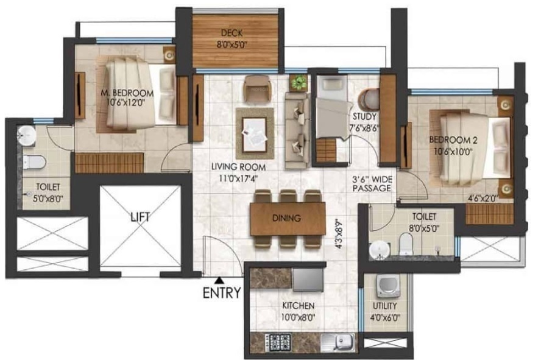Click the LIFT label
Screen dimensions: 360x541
pos(140,216)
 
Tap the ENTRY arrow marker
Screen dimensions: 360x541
pos(218,280)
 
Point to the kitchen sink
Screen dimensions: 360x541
pos(337,341)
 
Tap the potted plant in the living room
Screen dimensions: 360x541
pos(299,82)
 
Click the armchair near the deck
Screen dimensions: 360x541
pos(255,89)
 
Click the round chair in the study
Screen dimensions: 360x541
pos(367,99)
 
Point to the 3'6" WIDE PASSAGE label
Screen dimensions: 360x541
pos(371,184)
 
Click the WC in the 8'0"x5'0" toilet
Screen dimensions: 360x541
pos(405,245)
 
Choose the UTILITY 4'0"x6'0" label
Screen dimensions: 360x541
pos(385,311)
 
